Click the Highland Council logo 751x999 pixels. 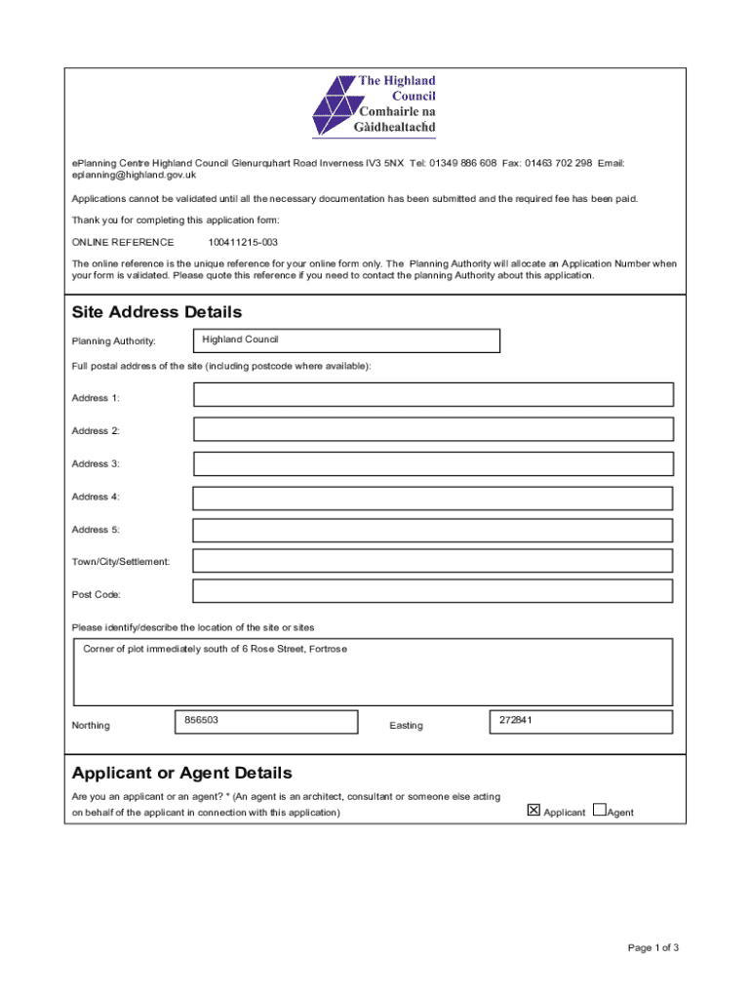(374, 105)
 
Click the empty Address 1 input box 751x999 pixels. (433, 395)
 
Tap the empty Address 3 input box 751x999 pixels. (433, 463)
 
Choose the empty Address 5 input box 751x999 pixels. (433, 530)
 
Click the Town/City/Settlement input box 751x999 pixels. (433, 561)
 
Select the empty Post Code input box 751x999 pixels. (433, 591)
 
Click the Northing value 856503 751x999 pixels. (200, 720)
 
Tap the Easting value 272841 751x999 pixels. (515, 720)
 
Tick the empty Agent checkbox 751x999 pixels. (599, 810)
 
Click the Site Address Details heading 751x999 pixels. (156, 312)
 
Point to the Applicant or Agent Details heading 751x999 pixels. (181, 773)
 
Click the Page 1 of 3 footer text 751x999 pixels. (652, 947)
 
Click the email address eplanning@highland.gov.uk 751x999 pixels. (134, 176)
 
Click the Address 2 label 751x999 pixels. (96, 431)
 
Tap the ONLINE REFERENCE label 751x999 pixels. (123, 242)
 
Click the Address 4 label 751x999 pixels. (96, 497)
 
